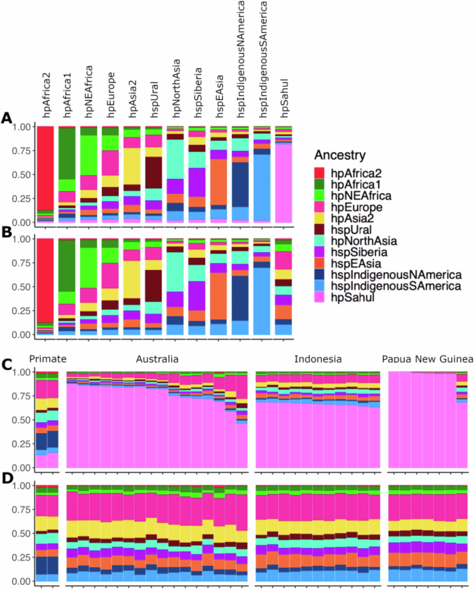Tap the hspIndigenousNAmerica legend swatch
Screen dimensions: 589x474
tap(319, 275)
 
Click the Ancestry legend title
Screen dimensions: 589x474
tap(340, 155)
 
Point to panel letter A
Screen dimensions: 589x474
tap(7, 118)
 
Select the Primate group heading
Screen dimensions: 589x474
tap(48, 359)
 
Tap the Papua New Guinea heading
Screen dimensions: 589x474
tap(428, 359)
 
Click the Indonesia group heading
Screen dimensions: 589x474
tap(318, 359)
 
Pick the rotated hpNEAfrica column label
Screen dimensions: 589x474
tap(89, 92)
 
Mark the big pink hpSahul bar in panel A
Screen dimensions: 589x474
tap(284, 183)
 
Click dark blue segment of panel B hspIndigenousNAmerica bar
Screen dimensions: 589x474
tap(240, 298)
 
